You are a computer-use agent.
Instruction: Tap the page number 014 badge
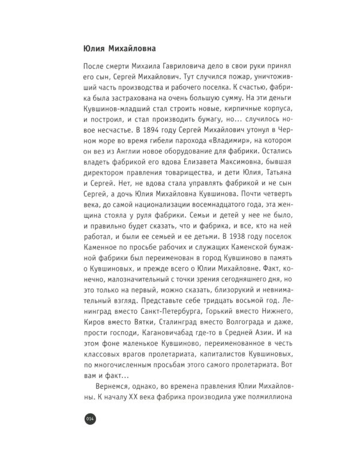[x=91, y=418]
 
